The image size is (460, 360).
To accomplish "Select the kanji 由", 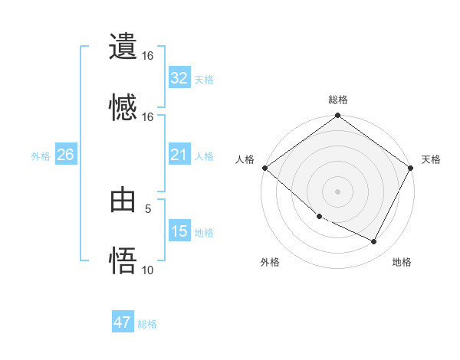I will [123, 201].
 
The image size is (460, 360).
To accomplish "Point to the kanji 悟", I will [123, 261].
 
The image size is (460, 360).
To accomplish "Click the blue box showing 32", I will [179, 78].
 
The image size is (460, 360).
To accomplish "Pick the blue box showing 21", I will [179, 155].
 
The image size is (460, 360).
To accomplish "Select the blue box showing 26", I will [65, 155].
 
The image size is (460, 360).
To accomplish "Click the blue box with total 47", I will [123, 322].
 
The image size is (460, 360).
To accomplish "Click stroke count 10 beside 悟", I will [148, 270].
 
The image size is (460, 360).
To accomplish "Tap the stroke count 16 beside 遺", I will [148, 56].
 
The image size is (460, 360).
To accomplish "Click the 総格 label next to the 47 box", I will [147, 324].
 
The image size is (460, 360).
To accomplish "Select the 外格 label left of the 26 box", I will [41, 156].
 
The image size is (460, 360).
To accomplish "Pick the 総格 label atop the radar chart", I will [338, 100].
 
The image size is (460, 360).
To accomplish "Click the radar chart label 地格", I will [402, 263].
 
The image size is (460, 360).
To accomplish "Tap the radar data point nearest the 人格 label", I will [264, 168].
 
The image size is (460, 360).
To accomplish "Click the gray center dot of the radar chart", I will [338, 191].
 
